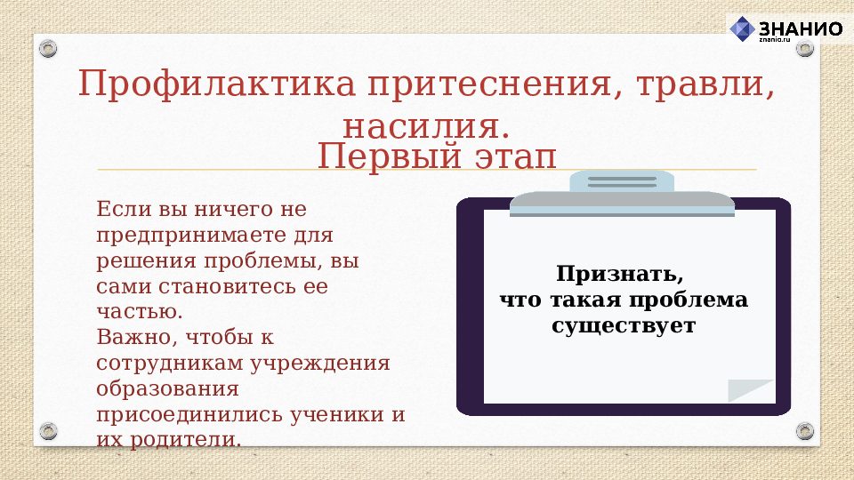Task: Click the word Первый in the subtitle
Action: [x=382, y=157]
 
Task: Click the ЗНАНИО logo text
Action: [x=799, y=28]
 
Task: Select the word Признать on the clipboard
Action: [x=621, y=274]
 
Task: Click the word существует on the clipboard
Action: [x=623, y=325]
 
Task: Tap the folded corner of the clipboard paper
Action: [x=753, y=390]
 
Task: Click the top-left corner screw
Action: [x=48, y=47]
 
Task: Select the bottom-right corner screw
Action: [x=804, y=431]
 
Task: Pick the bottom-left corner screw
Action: [x=48, y=431]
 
